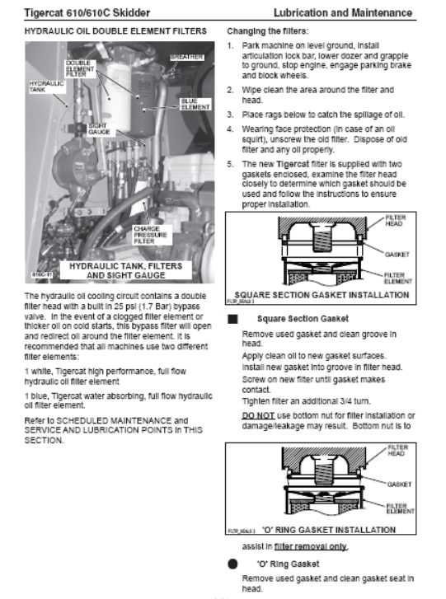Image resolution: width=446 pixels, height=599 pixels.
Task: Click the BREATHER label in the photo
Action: click(187, 58)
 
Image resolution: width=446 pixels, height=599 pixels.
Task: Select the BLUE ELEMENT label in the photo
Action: click(195, 104)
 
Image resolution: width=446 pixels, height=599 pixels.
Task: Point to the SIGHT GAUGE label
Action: click(99, 129)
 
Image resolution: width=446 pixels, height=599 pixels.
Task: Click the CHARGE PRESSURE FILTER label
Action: click(150, 235)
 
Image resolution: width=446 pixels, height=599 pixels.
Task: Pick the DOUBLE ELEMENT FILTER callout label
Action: click(80, 68)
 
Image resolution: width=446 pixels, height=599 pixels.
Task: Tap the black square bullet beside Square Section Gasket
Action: click(232, 319)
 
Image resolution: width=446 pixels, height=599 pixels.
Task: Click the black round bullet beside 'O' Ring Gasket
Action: click(232, 564)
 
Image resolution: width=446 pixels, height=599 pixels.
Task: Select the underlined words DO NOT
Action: click(258, 415)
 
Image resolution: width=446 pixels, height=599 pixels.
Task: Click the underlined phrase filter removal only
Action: click(311, 546)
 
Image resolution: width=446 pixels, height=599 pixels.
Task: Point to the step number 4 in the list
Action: click(230, 129)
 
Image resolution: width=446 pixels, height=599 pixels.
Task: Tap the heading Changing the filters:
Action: click(268, 31)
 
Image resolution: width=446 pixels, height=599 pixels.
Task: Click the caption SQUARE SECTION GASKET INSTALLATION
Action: click(322, 295)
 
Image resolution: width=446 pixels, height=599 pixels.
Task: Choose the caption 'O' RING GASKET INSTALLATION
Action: click(329, 530)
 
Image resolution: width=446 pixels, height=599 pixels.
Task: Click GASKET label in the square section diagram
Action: click(397, 255)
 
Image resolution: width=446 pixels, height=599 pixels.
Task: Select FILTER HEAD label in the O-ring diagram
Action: click(398, 451)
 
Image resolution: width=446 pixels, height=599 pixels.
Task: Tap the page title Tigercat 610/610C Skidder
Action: click(87, 12)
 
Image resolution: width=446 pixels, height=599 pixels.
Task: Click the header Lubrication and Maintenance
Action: click(343, 12)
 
